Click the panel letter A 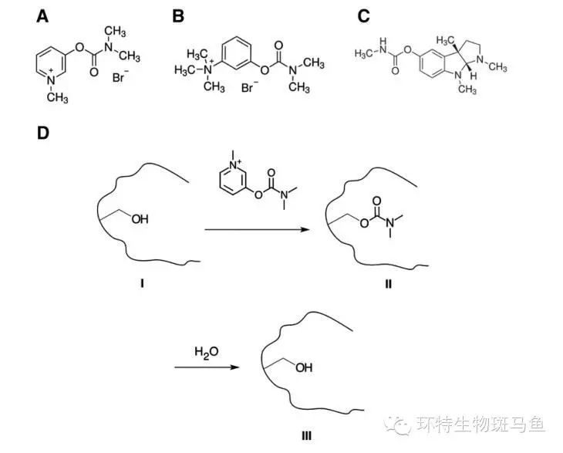point(43,15)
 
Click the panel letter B point(178,15)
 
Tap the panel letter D point(44,133)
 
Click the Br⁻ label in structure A point(120,78)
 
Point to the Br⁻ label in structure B point(248,88)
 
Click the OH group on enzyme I point(140,220)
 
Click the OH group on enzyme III point(303,368)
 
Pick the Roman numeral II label point(388,285)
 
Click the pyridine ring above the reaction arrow point(232,181)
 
